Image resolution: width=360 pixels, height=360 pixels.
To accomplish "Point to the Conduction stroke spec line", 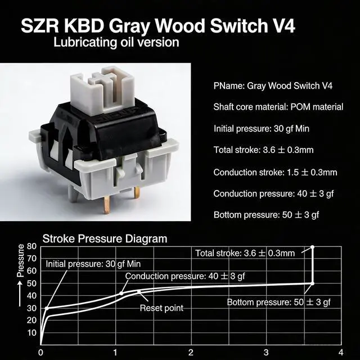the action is [x=275, y=172].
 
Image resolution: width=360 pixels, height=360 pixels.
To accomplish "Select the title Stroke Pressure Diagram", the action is [x=105, y=238].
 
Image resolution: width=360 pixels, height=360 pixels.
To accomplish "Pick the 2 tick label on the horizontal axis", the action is [x=191, y=353].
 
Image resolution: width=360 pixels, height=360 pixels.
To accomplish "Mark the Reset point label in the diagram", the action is [x=161, y=308].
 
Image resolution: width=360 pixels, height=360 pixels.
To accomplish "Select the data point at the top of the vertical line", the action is [x=312, y=247].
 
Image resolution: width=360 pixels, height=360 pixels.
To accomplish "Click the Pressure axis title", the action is [x=21, y=262].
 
